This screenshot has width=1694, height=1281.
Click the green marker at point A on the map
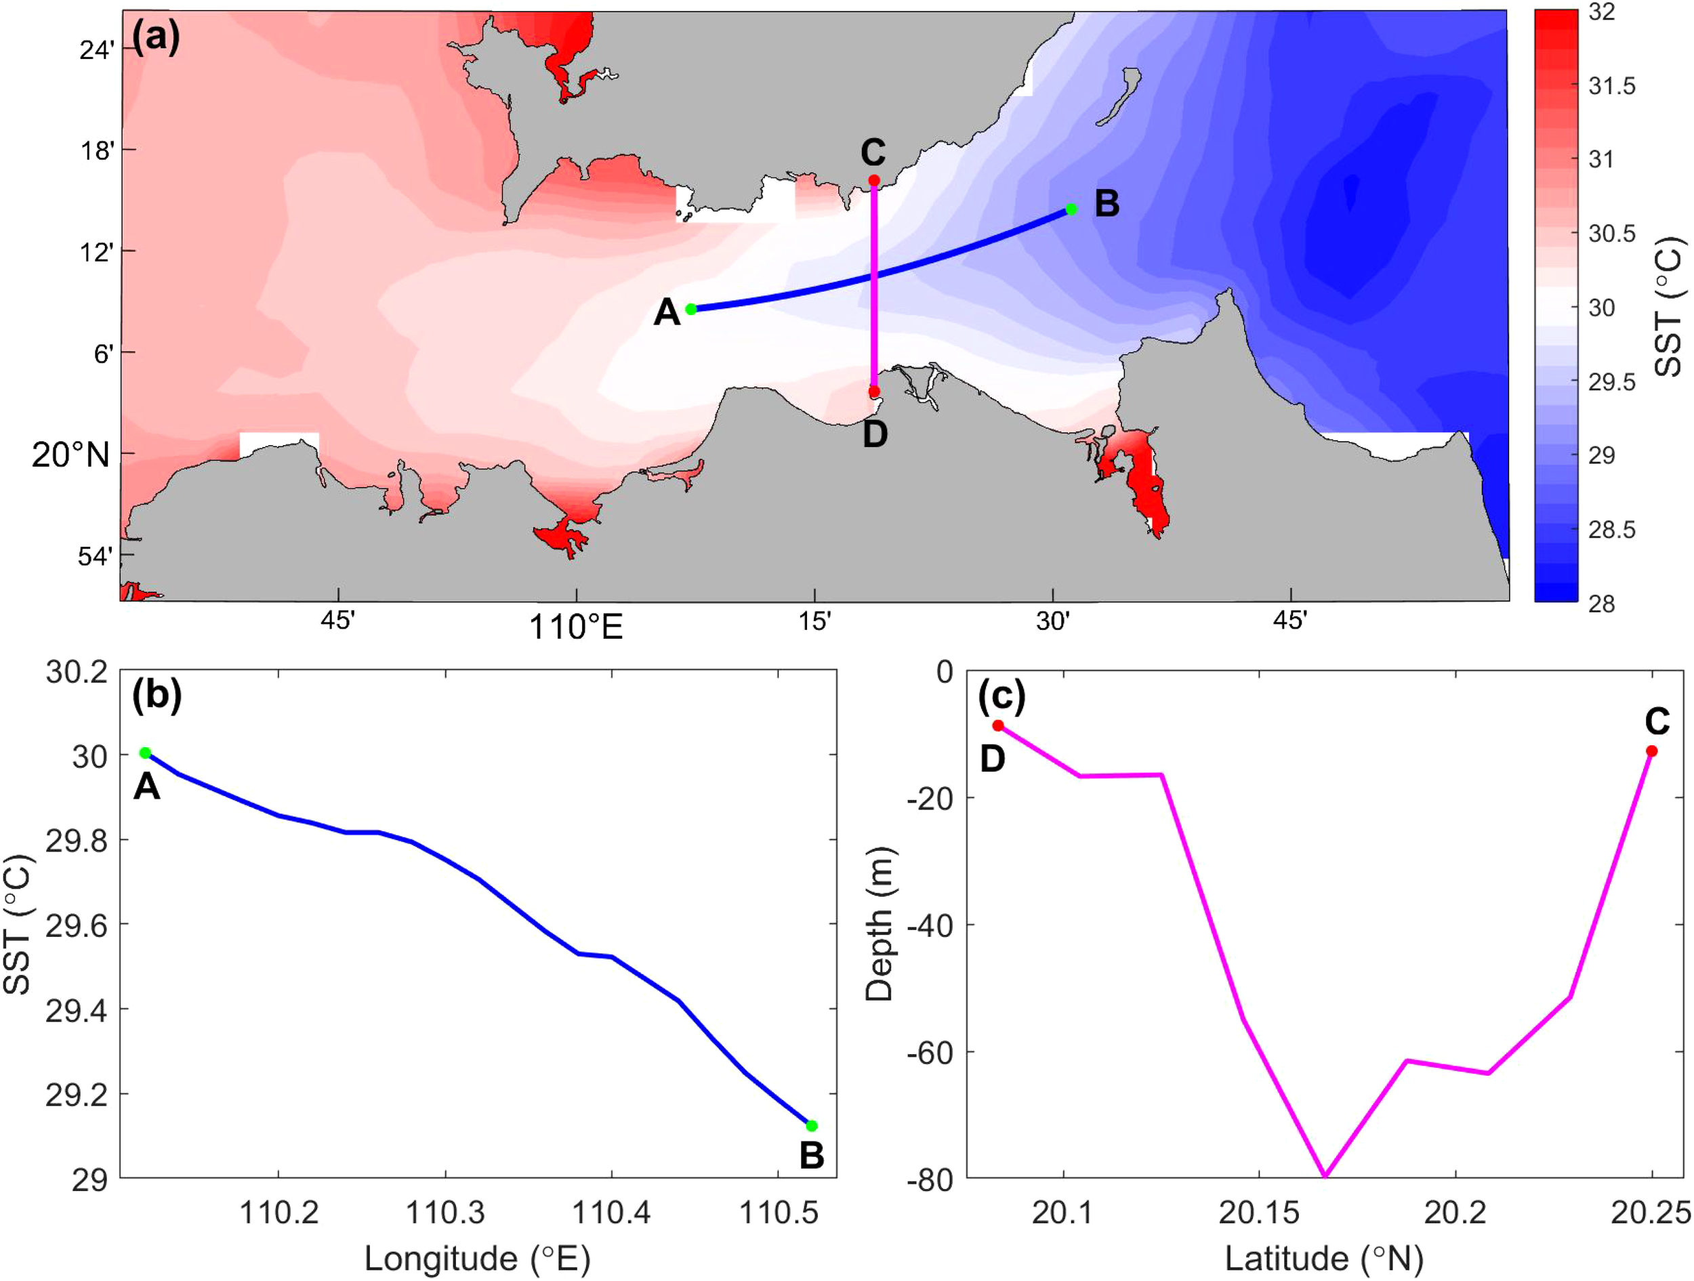[690, 310]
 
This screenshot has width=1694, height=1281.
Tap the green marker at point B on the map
[1071, 209]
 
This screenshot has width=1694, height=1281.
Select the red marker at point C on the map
[874, 181]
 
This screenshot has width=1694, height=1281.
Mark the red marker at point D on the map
[874, 392]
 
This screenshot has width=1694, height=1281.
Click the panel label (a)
[157, 37]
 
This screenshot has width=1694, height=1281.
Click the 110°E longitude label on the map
[576, 628]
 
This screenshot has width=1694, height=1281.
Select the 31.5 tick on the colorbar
[1612, 87]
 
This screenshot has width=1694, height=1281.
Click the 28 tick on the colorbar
[1602, 604]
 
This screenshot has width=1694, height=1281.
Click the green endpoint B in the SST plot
[812, 1126]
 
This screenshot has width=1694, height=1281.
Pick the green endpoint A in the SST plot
[145, 753]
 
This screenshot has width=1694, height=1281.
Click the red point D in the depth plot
[998, 725]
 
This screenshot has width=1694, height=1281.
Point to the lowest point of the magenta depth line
[1325, 1175]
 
